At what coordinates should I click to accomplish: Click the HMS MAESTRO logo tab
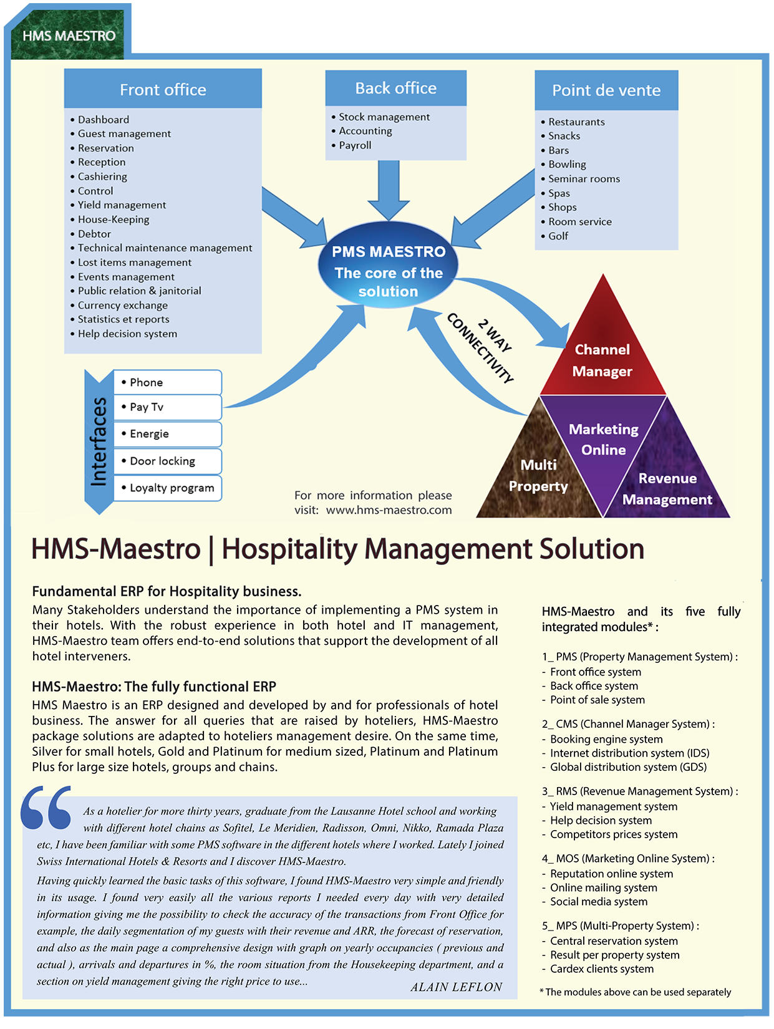point(69,36)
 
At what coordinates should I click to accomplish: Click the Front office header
point(163,90)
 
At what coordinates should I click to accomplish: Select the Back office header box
point(395,88)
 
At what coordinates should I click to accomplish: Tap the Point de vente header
point(606,90)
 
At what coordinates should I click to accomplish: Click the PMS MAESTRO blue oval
point(389,272)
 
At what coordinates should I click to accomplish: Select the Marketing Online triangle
point(603,440)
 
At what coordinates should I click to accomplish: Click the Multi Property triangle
point(538,477)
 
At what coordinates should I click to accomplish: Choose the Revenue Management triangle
point(667,490)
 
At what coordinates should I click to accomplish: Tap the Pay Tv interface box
point(167,407)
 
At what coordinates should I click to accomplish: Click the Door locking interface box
point(167,461)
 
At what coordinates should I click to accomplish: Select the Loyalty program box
point(167,488)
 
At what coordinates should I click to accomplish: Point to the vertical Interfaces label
point(99,442)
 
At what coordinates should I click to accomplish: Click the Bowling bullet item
point(567,165)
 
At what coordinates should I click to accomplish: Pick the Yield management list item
point(122,205)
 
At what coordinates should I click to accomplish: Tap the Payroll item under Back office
point(355,145)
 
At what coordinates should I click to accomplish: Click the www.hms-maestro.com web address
point(389,510)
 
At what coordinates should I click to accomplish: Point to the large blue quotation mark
point(47,808)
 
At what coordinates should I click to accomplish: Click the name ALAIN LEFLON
point(456,987)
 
